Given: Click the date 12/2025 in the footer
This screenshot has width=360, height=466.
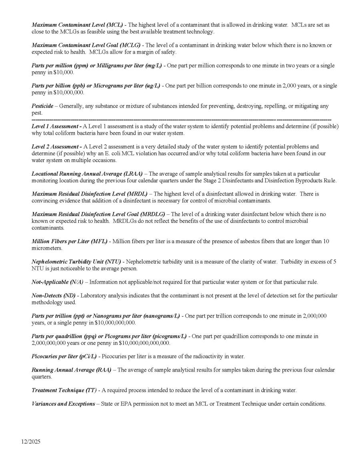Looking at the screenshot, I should click(31, 442).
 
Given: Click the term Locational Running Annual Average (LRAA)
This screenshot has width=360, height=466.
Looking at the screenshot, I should click(87, 174).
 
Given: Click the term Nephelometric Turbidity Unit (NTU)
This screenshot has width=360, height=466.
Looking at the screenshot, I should click(76, 262).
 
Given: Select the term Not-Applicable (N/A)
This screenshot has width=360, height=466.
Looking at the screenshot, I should click(57, 282).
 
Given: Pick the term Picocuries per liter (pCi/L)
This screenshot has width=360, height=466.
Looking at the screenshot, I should click(64, 356).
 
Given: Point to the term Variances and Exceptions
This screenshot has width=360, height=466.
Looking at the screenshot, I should click(64, 404).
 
